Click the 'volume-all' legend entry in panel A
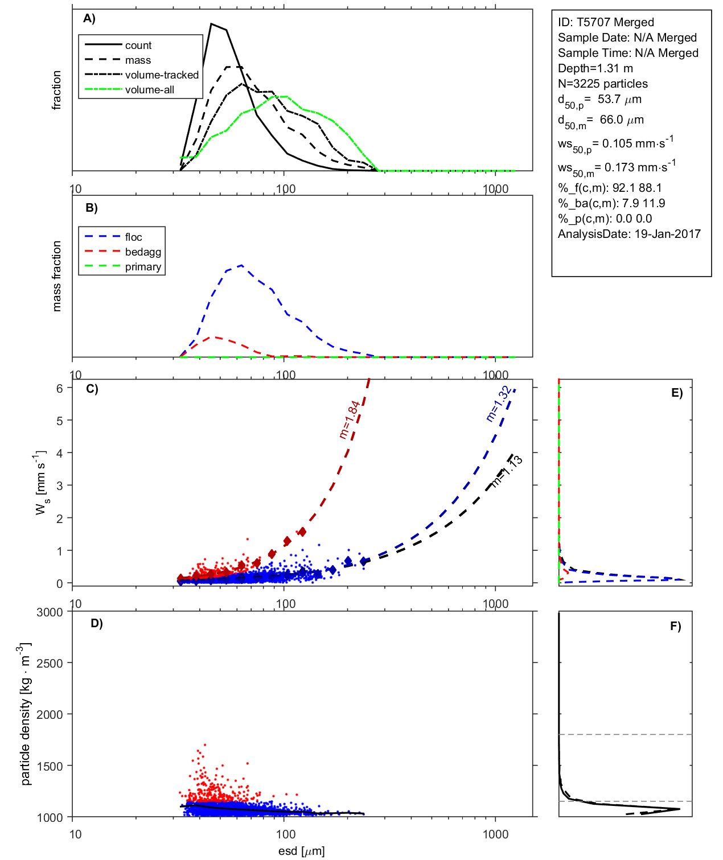(x=150, y=89)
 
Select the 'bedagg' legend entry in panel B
(x=143, y=252)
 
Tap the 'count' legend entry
(x=138, y=45)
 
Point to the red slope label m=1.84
(x=350, y=419)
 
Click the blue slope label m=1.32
(x=498, y=404)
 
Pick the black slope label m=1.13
(x=507, y=471)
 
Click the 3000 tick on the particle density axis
(x=50, y=612)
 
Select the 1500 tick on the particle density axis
(x=50, y=766)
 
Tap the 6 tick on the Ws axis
(x=59, y=388)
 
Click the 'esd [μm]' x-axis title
(x=301, y=851)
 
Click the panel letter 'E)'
(x=677, y=393)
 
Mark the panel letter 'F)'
(x=676, y=626)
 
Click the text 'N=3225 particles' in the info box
(x=603, y=84)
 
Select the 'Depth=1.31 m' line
(x=595, y=68)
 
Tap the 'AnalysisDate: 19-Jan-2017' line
(x=629, y=234)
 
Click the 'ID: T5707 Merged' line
(x=606, y=22)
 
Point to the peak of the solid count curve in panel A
(x=211, y=24)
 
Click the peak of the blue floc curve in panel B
(x=242, y=265)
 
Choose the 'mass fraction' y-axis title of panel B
(x=56, y=276)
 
